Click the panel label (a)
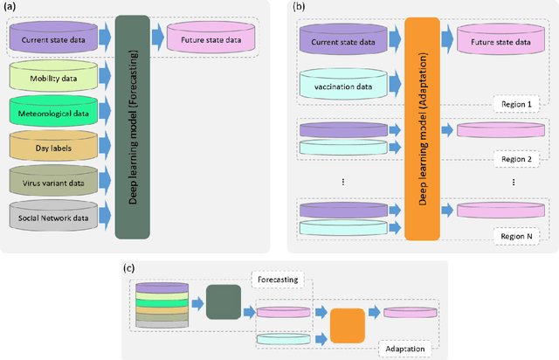(10, 6)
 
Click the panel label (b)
(299, 6)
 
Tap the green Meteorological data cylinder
(56, 111)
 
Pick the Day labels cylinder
(56, 145)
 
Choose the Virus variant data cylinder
(56, 179)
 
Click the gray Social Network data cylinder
(56, 213)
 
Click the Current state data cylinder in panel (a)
(56, 38)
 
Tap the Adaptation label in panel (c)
(404, 348)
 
